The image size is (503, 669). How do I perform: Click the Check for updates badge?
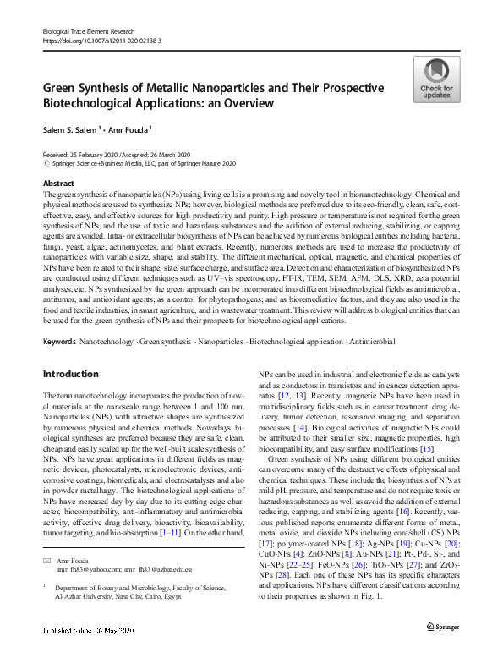pyautogui.click(x=435, y=80)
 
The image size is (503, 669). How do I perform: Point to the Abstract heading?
pyautogui.click(x=58, y=183)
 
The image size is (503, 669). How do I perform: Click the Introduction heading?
pyautogui.click(x=70, y=373)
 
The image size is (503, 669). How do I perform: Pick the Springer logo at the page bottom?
pyautogui.click(x=441, y=650)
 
